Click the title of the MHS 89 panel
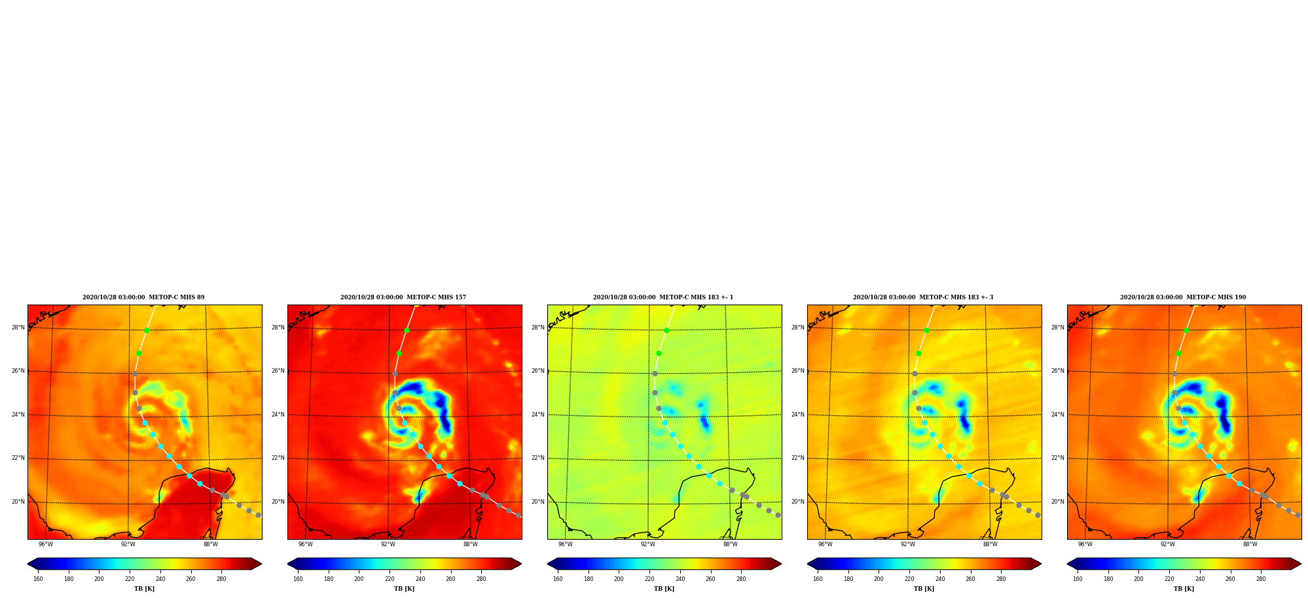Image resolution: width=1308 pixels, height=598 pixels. (x=143, y=297)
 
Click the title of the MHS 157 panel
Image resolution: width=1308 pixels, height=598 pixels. (x=403, y=297)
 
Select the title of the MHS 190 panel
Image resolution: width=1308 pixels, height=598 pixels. (x=1183, y=297)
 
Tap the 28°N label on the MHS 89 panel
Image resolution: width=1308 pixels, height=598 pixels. (x=18, y=327)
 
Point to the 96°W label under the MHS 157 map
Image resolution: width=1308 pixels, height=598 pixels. (x=306, y=544)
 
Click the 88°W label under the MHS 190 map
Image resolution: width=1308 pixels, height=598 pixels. (x=1250, y=544)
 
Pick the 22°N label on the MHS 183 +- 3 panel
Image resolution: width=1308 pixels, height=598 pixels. (x=798, y=458)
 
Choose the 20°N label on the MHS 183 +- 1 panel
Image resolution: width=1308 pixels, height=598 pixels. (x=538, y=502)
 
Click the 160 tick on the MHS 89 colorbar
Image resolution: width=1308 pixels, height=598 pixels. (x=38, y=579)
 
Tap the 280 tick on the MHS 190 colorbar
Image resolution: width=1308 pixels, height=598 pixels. (x=1261, y=579)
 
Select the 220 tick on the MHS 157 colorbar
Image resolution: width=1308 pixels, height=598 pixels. (x=390, y=579)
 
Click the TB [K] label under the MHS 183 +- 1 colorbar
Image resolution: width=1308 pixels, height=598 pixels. (x=664, y=589)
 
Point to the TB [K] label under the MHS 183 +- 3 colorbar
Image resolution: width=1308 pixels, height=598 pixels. (x=924, y=589)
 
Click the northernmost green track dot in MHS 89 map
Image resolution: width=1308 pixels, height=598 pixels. (x=147, y=330)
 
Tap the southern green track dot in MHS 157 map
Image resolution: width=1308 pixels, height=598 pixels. (x=399, y=353)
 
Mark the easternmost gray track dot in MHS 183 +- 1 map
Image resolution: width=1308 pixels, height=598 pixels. (x=778, y=515)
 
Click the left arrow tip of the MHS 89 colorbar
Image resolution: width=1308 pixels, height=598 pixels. (x=27, y=564)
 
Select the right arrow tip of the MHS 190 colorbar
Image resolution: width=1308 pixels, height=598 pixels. (x=1301, y=564)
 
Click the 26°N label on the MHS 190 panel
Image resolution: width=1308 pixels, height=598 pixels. (x=1058, y=371)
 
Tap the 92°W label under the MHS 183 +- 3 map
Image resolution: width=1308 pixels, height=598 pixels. (x=908, y=544)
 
